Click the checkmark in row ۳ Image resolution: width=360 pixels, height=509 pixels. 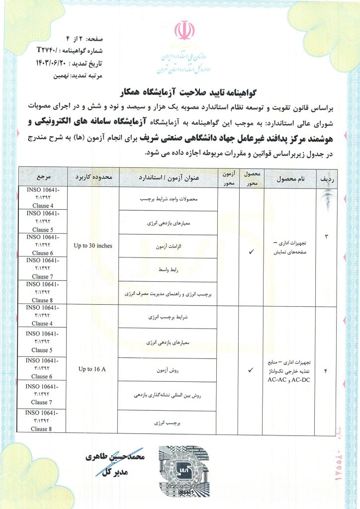point(251,252)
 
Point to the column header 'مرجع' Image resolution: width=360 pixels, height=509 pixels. point(42,177)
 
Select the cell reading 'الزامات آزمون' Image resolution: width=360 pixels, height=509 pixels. point(168,246)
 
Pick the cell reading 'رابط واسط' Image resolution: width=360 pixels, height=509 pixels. point(168,270)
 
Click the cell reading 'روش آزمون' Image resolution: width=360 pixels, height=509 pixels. point(168,370)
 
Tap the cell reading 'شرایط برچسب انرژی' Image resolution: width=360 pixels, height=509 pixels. point(168,317)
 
